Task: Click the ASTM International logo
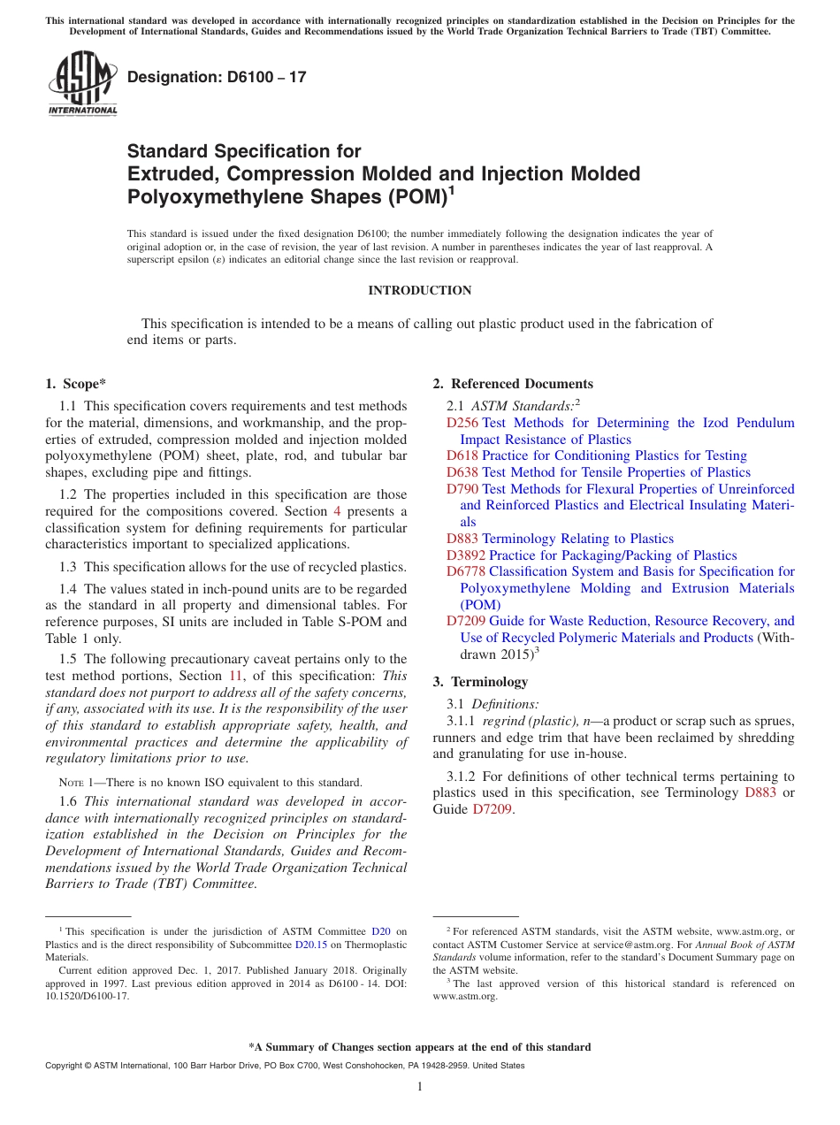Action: (x=82, y=84)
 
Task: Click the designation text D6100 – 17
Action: (x=217, y=77)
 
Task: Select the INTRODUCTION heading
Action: (x=419, y=290)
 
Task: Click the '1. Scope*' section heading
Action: (x=75, y=383)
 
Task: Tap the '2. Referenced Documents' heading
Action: (x=513, y=383)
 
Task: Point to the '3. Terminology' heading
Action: (x=480, y=682)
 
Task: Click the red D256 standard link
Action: (x=462, y=423)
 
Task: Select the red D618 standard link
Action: (x=462, y=455)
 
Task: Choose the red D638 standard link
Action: (x=462, y=472)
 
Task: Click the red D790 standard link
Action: (x=462, y=489)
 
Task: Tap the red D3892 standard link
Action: (x=466, y=555)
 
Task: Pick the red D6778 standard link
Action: (x=466, y=571)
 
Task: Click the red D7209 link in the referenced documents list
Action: (x=466, y=621)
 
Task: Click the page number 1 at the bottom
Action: (x=420, y=1086)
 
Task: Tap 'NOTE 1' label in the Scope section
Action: (x=71, y=783)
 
